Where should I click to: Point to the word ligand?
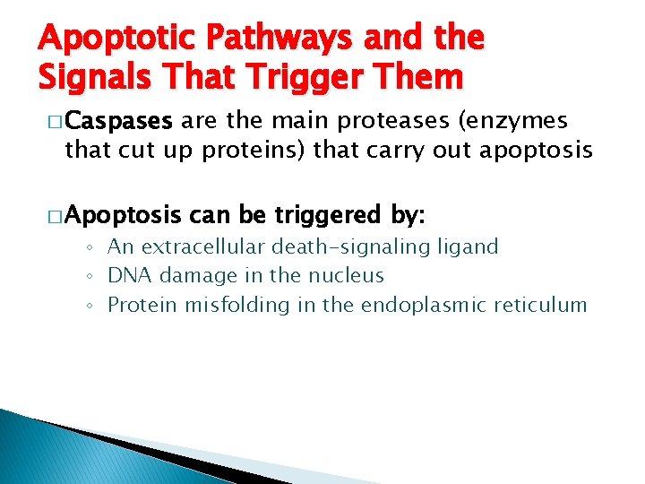[x=467, y=246]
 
